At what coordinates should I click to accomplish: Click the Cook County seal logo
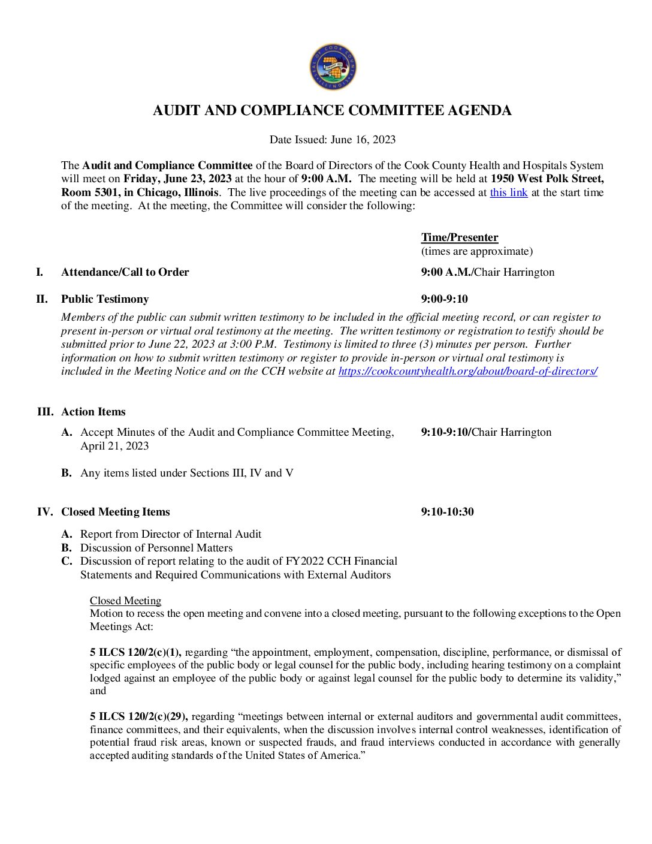(333, 67)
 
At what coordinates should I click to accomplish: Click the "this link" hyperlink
(508, 192)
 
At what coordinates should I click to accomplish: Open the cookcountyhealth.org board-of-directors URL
(467, 371)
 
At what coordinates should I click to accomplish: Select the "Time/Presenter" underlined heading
(460, 237)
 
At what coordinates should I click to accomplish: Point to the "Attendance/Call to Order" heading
(125, 272)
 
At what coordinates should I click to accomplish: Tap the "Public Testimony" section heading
(105, 299)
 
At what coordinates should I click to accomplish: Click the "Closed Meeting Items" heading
(115, 512)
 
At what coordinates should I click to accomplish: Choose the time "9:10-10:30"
(447, 512)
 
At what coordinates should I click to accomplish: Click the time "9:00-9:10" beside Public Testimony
(444, 299)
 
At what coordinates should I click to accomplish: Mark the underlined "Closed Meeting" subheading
(125, 601)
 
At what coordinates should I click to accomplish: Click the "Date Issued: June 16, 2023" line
(332, 140)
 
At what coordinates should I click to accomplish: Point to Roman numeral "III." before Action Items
(45, 412)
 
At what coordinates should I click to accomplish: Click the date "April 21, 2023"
(114, 446)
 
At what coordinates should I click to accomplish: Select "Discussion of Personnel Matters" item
(156, 548)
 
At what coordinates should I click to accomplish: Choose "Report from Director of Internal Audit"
(171, 534)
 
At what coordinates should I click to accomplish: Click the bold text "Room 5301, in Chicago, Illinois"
(140, 192)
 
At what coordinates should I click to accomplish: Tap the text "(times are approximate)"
(476, 251)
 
